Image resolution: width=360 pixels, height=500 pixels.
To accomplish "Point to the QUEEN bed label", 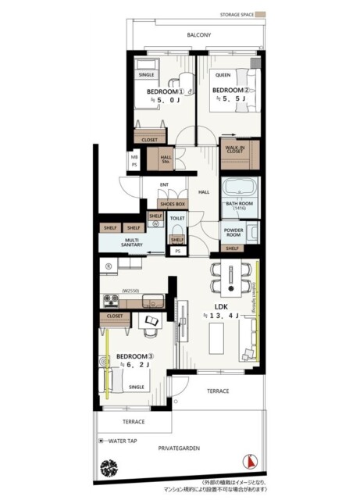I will (223, 76).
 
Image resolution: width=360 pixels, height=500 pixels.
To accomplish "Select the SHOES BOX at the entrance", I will (172, 203).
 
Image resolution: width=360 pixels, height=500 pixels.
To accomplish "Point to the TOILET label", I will (177, 220).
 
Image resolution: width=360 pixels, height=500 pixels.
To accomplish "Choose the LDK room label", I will (221, 307).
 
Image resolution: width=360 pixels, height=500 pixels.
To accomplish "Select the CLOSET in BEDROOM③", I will (115, 316).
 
